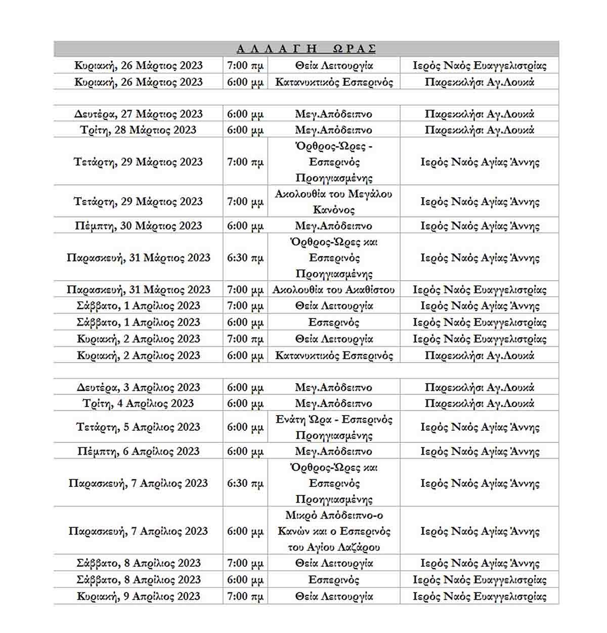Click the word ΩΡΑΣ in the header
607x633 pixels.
[354, 49]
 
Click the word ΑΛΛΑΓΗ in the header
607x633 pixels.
[277, 49]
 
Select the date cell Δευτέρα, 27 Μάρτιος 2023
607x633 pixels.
[138, 114]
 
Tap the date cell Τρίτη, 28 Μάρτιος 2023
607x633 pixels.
[138, 130]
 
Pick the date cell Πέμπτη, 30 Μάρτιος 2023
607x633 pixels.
[138, 226]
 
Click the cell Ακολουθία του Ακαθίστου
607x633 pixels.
[333, 290]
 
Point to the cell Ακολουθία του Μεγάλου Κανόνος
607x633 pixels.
[333, 202]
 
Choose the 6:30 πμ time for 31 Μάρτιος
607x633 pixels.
[245, 258]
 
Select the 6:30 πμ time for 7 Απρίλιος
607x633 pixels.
[245, 483]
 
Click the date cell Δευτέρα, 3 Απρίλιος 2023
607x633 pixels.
[138, 387]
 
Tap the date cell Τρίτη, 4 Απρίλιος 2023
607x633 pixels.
[138, 403]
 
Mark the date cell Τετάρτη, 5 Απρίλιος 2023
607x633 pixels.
[138, 427]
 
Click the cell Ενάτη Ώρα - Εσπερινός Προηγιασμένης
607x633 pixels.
[333, 427]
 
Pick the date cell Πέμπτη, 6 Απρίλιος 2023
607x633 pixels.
[138, 451]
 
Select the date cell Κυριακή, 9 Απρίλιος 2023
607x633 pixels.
[138, 597]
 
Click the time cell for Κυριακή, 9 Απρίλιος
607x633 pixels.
[245, 597]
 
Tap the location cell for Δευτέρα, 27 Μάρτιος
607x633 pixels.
[479, 114]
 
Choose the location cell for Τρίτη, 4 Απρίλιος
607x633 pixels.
[479, 403]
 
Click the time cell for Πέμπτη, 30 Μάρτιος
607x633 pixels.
[245, 226]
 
